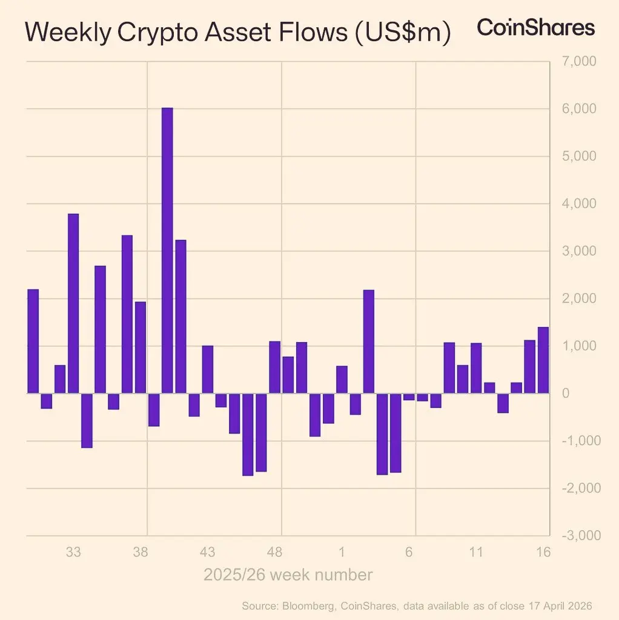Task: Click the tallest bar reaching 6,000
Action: click(x=167, y=250)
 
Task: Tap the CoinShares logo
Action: click(x=535, y=28)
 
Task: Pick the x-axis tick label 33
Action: click(x=73, y=552)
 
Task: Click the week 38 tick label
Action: click(x=141, y=552)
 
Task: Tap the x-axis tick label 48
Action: click(x=275, y=552)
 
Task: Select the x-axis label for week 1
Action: click(x=342, y=552)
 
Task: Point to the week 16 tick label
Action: click(x=543, y=552)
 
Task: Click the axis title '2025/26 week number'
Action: click(x=288, y=575)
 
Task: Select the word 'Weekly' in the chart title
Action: click(x=67, y=34)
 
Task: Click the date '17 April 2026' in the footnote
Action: click(x=551, y=606)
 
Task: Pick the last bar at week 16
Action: click(x=543, y=360)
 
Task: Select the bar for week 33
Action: click(x=73, y=303)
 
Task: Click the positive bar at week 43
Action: click(x=208, y=369)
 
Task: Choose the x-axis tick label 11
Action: click(x=476, y=552)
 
